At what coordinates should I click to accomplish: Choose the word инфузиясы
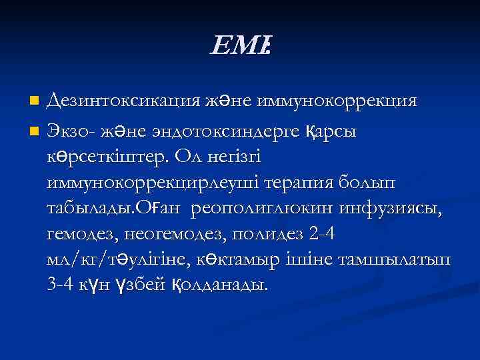(390, 207)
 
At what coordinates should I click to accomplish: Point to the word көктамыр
(291, 260)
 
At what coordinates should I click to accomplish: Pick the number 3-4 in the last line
(63, 285)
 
